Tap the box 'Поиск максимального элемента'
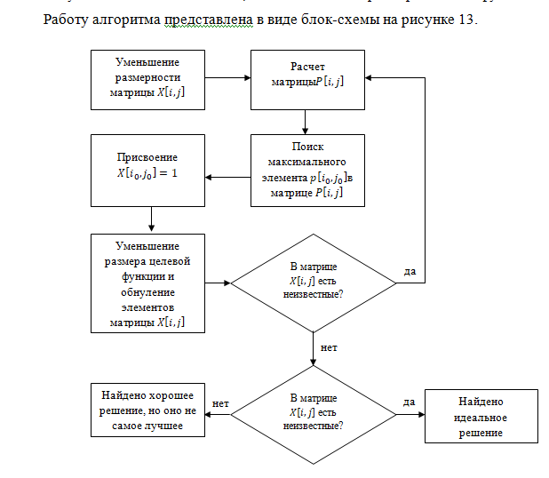point(307,171)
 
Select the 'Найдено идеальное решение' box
point(481,417)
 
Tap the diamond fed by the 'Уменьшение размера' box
point(314,283)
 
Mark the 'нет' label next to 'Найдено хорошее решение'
point(220,403)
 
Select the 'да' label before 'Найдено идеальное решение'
point(409,402)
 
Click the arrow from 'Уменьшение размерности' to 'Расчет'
point(227,78)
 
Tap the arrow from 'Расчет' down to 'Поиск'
point(306,122)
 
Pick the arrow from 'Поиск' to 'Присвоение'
point(227,177)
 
